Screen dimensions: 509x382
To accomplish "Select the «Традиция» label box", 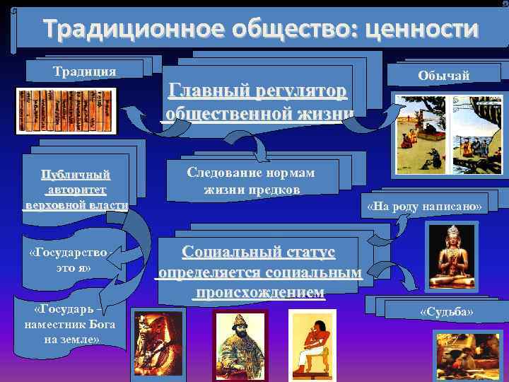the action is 85,71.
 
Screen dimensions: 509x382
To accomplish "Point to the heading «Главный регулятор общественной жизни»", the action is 258,103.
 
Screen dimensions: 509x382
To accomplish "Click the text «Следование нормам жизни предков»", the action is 251,181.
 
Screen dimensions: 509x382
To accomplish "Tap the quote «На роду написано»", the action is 424,207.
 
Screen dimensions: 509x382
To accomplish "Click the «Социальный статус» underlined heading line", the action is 258,253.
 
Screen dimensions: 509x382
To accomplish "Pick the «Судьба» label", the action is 445,312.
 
